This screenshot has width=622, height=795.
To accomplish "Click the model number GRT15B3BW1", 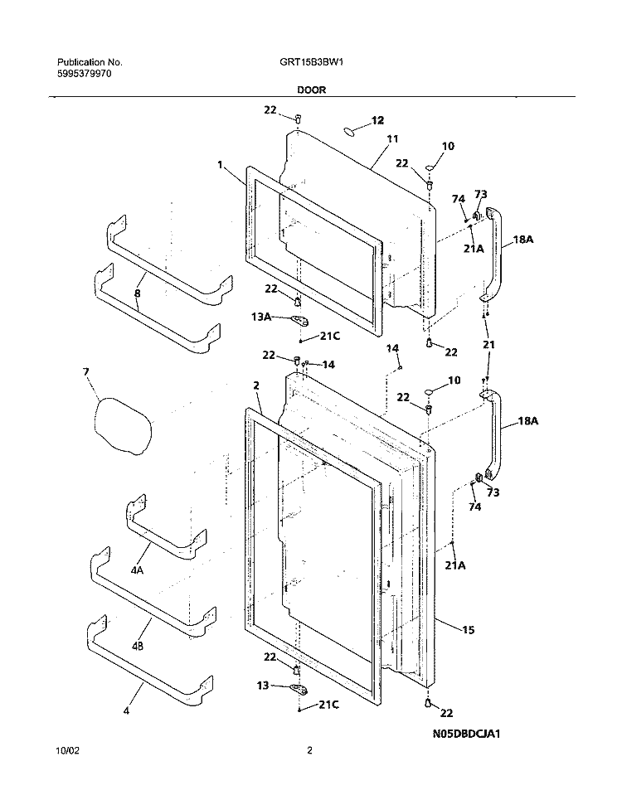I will [x=304, y=62].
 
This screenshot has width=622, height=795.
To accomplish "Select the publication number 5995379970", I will [x=84, y=74].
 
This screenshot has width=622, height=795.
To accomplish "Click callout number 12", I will [x=377, y=120].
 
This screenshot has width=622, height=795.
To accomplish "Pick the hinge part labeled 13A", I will [x=300, y=319].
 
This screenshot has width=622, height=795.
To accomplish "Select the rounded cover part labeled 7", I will [x=124, y=425].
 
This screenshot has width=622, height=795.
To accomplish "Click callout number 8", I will [x=137, y=293].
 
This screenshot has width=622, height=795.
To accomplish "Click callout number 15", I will [x=468, y=630].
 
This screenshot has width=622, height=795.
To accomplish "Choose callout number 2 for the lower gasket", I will [x=256, y=386].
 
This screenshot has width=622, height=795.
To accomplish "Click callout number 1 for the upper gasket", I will [x=220, y=165].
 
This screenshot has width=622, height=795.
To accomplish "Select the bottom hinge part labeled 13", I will [x=299, y=688].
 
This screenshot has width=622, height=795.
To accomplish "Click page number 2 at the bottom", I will [x=309, y=751].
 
